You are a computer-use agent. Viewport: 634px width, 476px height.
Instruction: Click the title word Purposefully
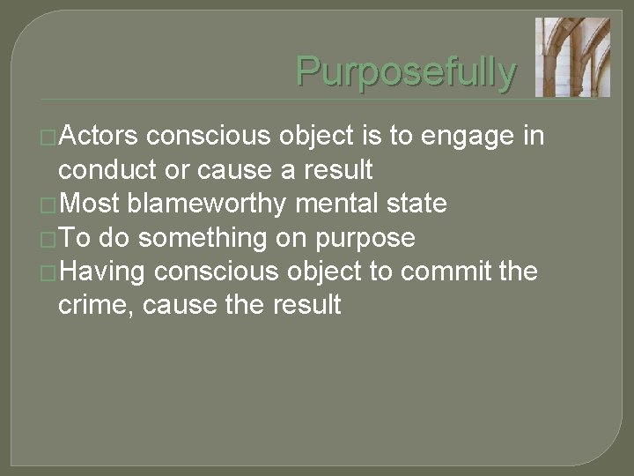(406, 71)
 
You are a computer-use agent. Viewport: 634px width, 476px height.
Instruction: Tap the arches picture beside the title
(572, 56)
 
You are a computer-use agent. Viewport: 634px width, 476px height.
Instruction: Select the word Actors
(99, 137)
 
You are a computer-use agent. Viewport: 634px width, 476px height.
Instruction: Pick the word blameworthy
(207, 204)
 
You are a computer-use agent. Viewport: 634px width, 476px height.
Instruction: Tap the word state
(417, 204)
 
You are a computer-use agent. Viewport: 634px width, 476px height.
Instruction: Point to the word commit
(450, 271)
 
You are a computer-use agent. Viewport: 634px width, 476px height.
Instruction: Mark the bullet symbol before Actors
(50, 138)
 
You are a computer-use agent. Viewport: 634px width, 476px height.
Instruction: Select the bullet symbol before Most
(50, 205)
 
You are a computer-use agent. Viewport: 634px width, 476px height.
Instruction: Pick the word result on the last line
(305, 306)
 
